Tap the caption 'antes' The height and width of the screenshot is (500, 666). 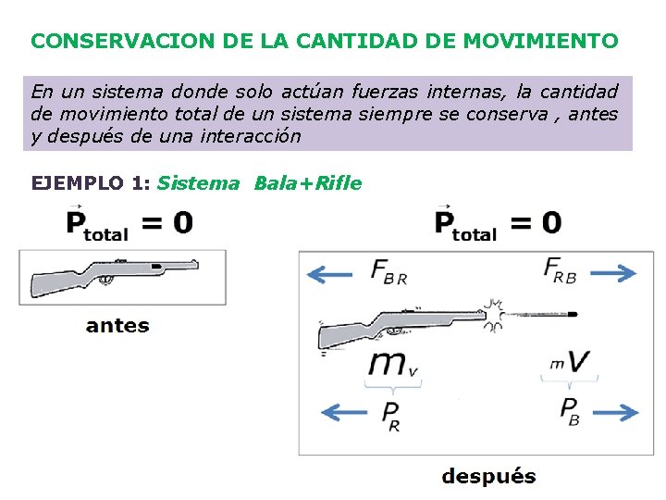coord(117,325)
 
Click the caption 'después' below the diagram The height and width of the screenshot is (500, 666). coord(488,477)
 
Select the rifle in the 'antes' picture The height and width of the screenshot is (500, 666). coord(113,275)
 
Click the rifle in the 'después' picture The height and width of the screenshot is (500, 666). coord(404,323)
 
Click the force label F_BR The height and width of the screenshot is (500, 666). coord(388,271)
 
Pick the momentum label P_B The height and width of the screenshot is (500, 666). coord(571,410)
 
